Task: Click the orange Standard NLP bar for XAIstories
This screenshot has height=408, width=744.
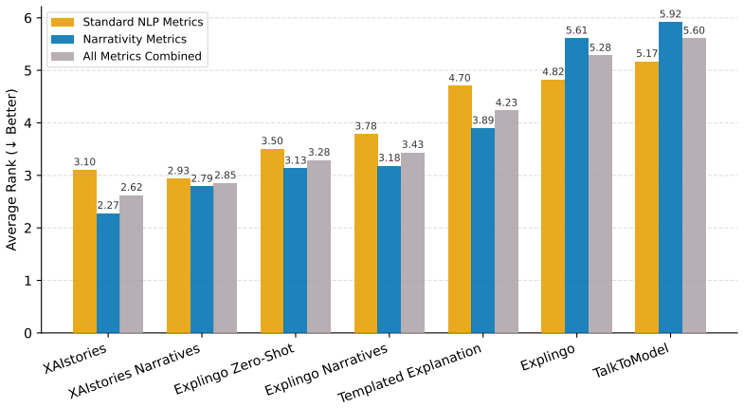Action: coord(85,251)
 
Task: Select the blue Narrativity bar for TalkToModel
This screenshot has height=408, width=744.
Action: coord(670,177)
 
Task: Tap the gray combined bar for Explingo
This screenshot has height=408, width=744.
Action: coord(600,194)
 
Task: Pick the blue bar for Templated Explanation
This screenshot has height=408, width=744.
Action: coord(483,231)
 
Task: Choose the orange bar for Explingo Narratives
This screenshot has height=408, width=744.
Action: coord(366,233)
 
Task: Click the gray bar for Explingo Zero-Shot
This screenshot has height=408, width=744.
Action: coord(318,247)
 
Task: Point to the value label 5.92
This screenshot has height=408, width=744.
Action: coord(670,14)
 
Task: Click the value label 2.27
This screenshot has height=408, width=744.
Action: coord(108,206)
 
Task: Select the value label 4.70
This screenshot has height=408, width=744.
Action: coord(460,78)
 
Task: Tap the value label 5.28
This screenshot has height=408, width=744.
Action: coord(600,47)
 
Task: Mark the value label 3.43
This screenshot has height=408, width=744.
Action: coord(413,144)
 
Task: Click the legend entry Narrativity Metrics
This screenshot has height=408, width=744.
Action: coord(135,39)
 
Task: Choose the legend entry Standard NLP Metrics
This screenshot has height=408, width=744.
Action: coord(143,22)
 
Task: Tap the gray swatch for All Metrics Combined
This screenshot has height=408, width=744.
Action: coord(63,56)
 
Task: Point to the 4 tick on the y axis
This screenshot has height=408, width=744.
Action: coord(28,123)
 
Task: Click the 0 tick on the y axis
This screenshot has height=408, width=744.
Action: coord(28,333)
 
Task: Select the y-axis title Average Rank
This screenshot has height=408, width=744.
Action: coord(11,169)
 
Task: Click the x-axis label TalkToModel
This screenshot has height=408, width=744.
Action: coord(631,361)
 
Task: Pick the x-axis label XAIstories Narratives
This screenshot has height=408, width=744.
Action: coord(135,372)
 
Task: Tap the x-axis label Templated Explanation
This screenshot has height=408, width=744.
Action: coord(409,373)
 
